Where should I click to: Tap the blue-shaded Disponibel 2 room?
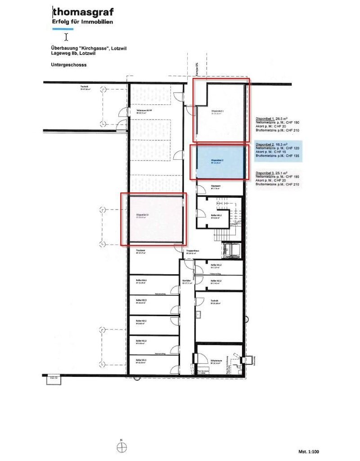[x=218, y=162]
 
